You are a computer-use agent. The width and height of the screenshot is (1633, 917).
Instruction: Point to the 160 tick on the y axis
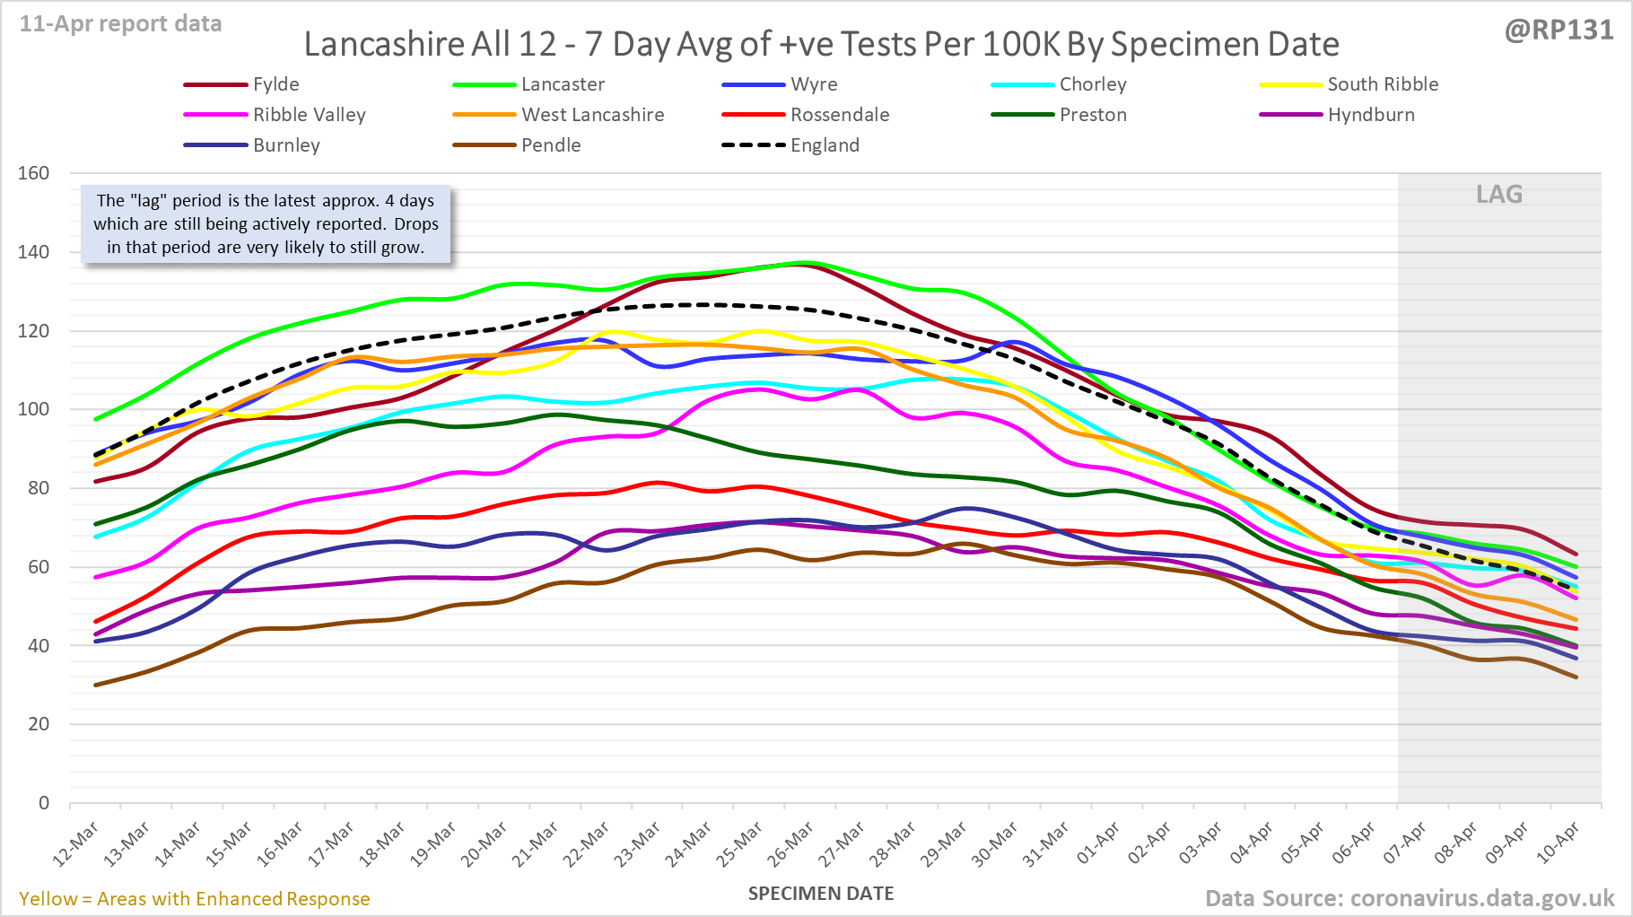pyautogui.click(x=33, y=173)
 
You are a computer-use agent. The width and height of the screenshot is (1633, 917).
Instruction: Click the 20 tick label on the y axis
pyautogui.click(x=38, y=724)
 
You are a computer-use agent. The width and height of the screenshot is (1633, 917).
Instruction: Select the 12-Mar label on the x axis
pyautogui.click(x=75, y=844)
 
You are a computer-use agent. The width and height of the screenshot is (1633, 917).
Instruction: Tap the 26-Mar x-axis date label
pyautogui.click(x=790, y=844)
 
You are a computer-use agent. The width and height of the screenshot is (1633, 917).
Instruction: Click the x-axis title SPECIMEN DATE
pyautogui.click(x=821, y=894)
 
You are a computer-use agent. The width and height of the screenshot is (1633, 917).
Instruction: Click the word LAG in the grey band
pyautogui.click(x=1499, y=195)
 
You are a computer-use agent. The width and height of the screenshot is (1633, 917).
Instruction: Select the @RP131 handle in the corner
pyautogui.click(x=1559, y=31)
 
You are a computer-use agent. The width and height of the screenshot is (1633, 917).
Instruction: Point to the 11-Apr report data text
pyautogui.click(x=120, y=24)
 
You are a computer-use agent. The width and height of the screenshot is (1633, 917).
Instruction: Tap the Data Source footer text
pyautogui.click(x=1410, y=898)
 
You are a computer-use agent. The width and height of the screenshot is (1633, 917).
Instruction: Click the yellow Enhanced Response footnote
pyautogui.click(x=195, y=899)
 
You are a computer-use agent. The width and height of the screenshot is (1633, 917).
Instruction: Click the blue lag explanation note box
pyautogui.click(x=266, y=224)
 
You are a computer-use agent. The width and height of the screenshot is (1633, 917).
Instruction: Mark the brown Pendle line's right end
pyautogui.click(x=1576, y=677)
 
